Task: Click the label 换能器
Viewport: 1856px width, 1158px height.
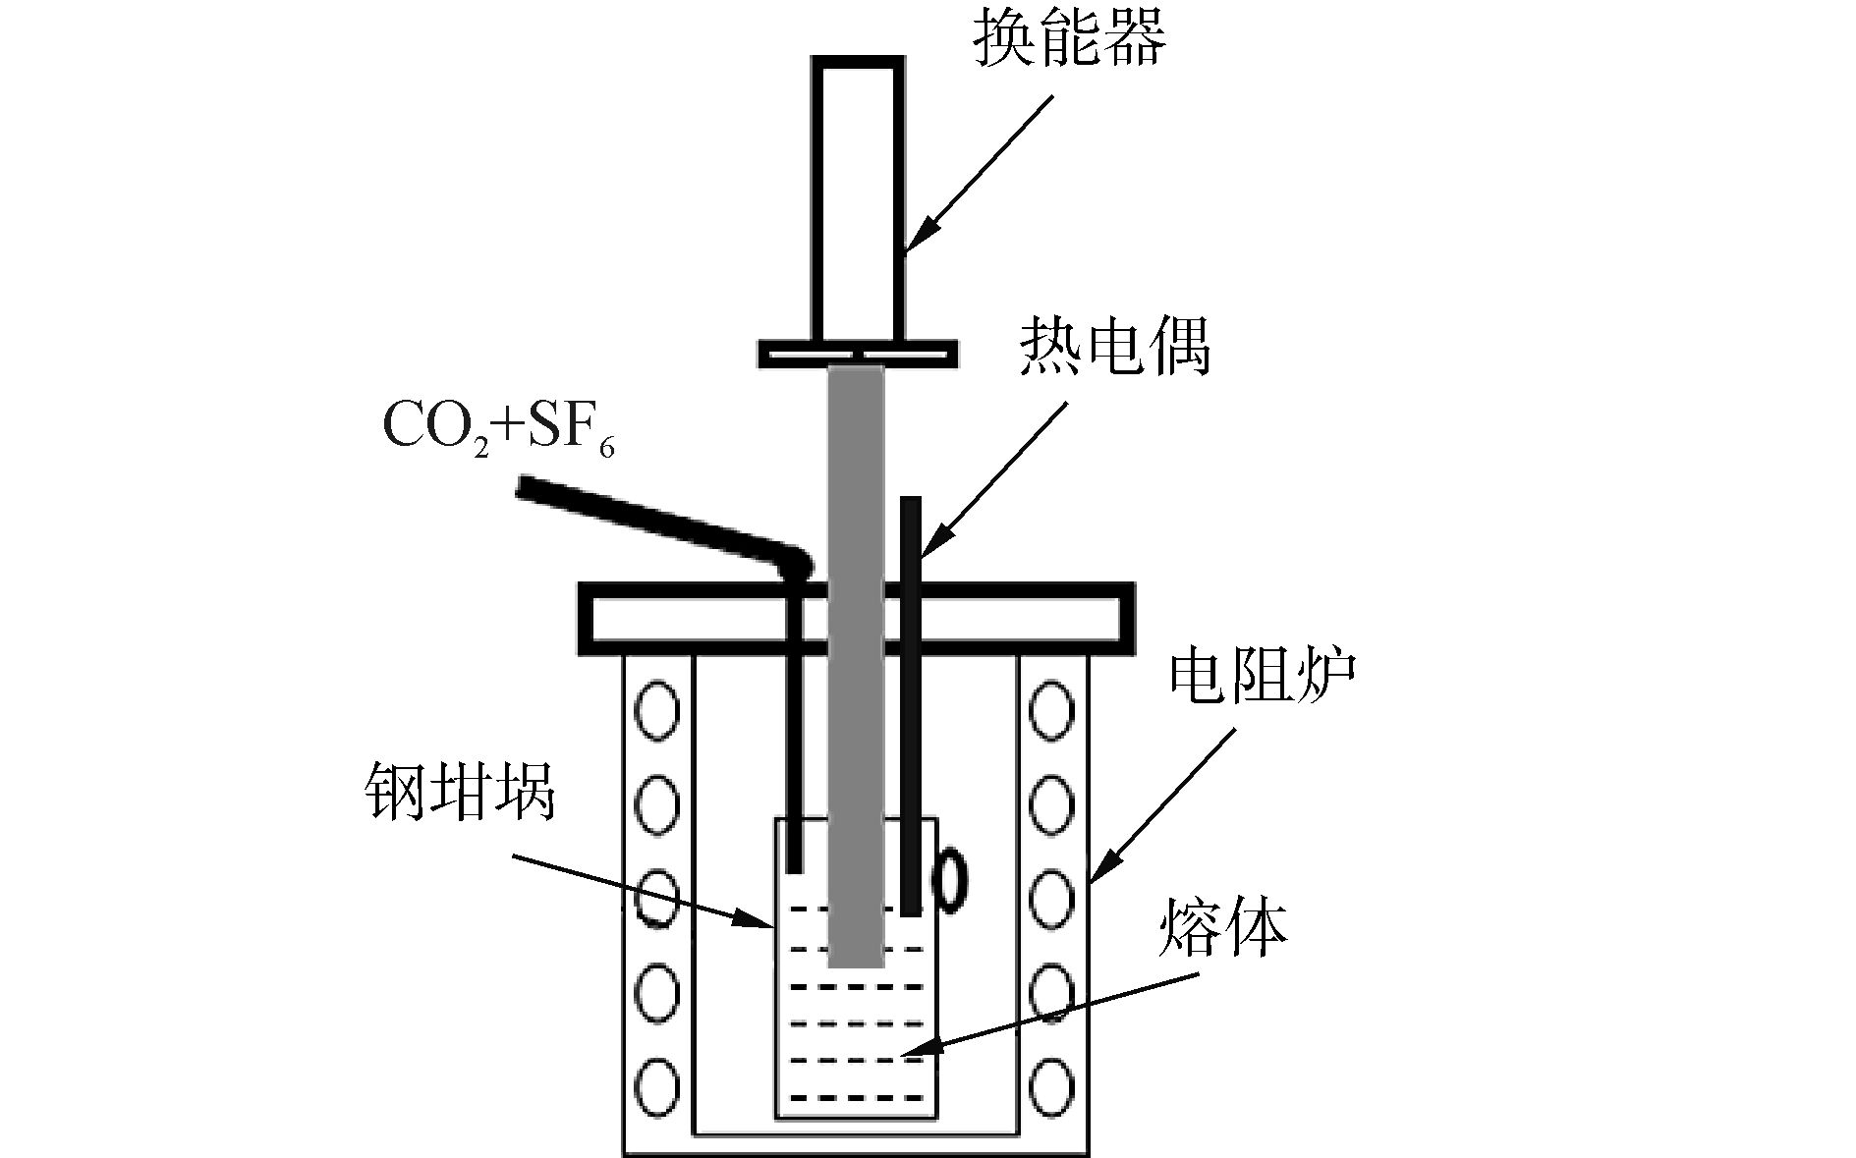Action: tap(1069, 41)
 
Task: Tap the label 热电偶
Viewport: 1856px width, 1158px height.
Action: tap(1114, 347)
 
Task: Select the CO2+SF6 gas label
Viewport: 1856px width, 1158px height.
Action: tap(497, 428)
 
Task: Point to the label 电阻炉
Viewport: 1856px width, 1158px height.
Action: tap(1262, 677)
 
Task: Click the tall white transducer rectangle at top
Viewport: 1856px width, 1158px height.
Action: tap(857, 196)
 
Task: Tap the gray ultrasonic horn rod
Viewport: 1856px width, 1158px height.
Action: tap(856, 668)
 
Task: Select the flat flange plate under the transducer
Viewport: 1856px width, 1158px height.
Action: tap(857, 353)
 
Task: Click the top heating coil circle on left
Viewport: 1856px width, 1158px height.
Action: tap(656, 709)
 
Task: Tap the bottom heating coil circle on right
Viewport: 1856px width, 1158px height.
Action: tap(1051, 1086)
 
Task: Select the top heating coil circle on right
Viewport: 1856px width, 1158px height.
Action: tap(1051, 709)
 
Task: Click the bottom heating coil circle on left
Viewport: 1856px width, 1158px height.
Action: tap(656, 1086)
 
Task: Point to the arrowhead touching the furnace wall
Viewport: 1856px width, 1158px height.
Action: tap(1103, 864)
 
